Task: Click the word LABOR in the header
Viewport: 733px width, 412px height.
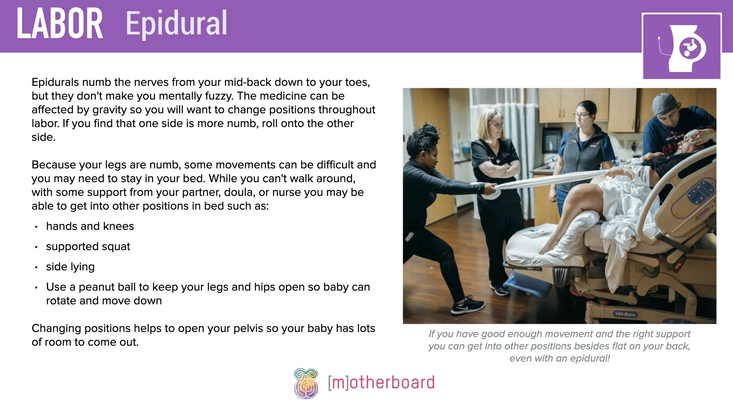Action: tap(60, 24)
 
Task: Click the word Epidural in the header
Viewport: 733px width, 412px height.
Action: tap(176, 24)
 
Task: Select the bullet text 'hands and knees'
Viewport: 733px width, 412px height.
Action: tap(90, 226)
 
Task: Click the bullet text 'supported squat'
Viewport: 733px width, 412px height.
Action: tap(88, 246)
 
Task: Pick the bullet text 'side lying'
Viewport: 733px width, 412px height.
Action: tap(70, 267)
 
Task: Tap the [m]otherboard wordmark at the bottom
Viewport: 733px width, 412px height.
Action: tap(381, 383)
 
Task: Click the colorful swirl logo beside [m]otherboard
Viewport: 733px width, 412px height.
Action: tap(306, 383)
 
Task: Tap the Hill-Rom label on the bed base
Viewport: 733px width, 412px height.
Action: tap(625, 314)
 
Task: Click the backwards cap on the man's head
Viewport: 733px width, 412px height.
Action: tap(664, 103)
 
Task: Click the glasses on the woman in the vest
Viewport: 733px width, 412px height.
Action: tap(581, 115)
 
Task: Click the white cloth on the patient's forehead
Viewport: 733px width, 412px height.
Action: tap(693, 135)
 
